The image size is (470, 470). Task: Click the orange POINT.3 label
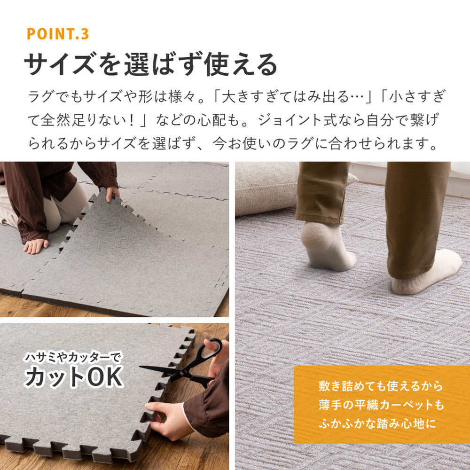57,34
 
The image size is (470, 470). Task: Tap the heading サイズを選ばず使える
151,64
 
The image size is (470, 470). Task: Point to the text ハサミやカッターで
72,357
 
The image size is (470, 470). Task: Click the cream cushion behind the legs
266,188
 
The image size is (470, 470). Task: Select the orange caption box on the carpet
381,404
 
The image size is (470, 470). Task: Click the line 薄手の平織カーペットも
381,405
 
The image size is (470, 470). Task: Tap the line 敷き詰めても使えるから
381,386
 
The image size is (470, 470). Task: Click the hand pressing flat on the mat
36,245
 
